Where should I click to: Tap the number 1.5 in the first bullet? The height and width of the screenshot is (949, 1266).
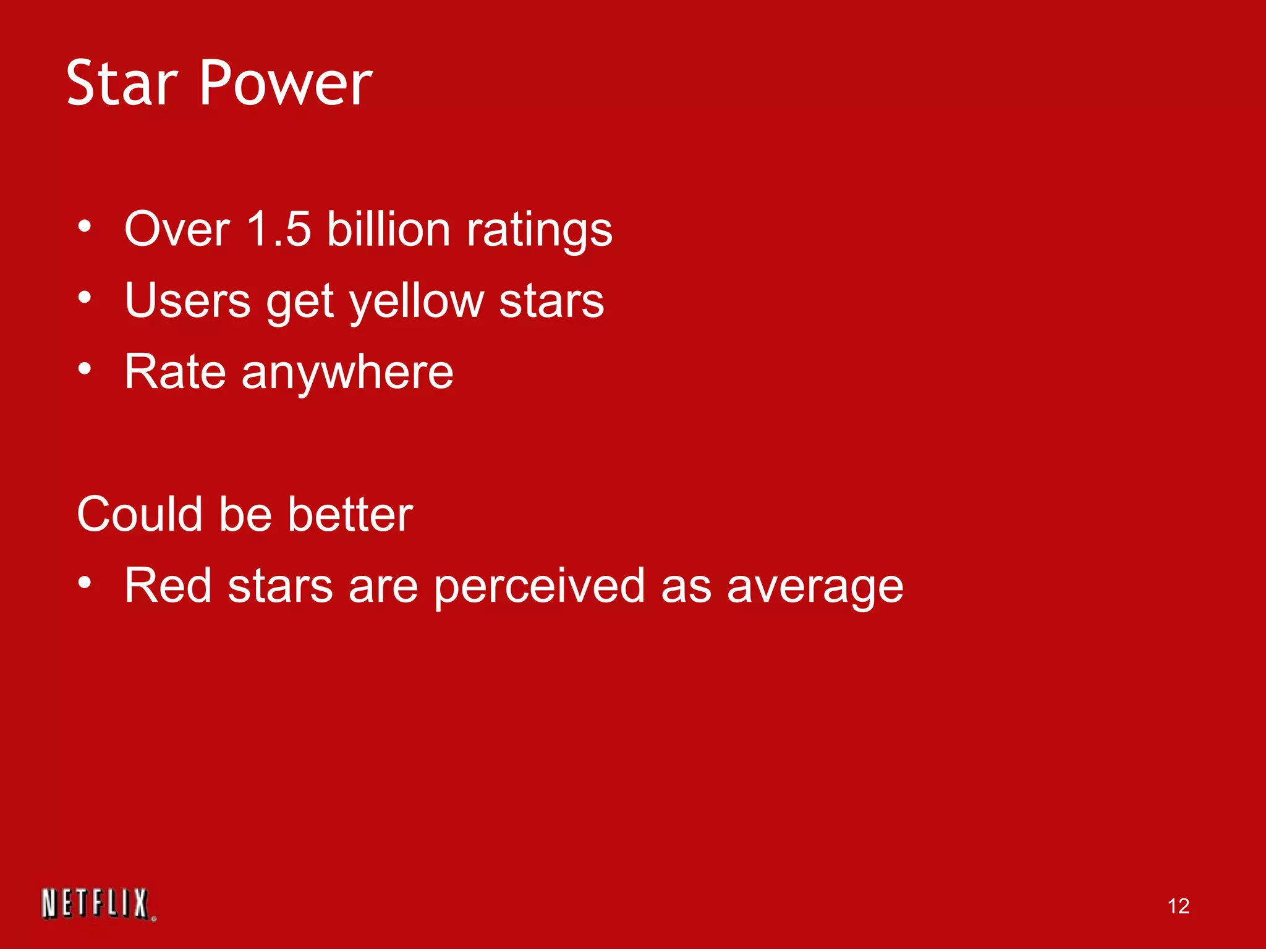(278, 229)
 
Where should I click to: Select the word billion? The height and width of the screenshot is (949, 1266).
(388, 229)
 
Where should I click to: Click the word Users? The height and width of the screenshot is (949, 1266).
(187, 301)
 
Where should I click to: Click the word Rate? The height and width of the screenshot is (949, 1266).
(175, 372)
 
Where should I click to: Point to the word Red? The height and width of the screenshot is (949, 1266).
(168, 585)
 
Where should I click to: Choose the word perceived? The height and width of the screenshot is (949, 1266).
(539, 586)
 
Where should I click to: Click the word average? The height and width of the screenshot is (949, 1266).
(815, 586)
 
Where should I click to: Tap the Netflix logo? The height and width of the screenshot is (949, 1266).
(98, 904)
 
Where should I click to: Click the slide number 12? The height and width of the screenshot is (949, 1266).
(1178, 906)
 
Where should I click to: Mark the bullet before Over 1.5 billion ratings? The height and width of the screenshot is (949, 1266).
(85, 227)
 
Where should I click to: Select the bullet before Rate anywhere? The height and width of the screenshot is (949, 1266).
(85, 369)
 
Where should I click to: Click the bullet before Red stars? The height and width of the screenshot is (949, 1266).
(85, 583)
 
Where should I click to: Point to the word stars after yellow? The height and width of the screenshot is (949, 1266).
(551, 301)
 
